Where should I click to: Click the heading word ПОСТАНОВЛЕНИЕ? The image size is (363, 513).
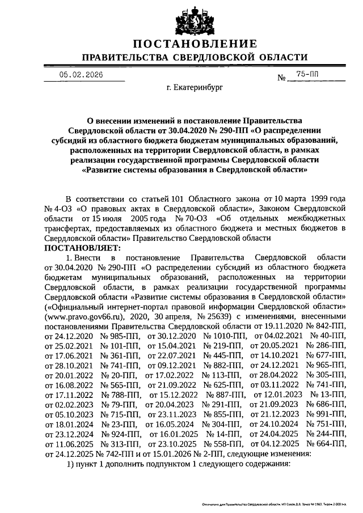click(195, 44)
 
